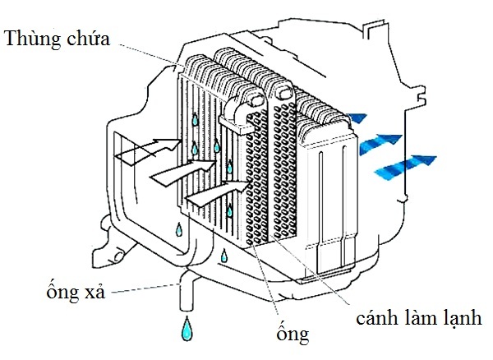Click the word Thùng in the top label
coord(33,39)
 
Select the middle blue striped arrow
coord(380,143)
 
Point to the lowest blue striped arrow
coord(403,164)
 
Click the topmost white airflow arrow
coord(145,150)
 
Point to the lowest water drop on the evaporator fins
coord(230,209)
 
